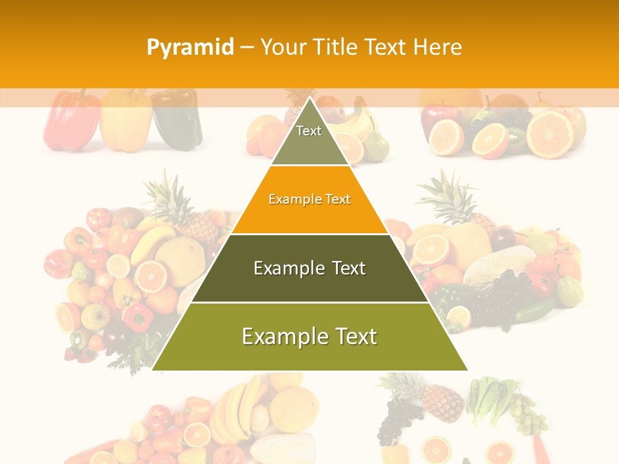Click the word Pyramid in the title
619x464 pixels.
tap(190, 47)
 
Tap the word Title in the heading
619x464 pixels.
tap(335, 47)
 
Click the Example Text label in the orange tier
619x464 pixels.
tap(309, 199)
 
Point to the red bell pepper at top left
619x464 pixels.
tap(71, 121)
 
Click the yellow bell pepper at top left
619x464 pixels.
tap(126, 121)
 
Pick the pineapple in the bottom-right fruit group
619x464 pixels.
tap(438, 400)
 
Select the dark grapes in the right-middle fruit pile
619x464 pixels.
tap(503, 290)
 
